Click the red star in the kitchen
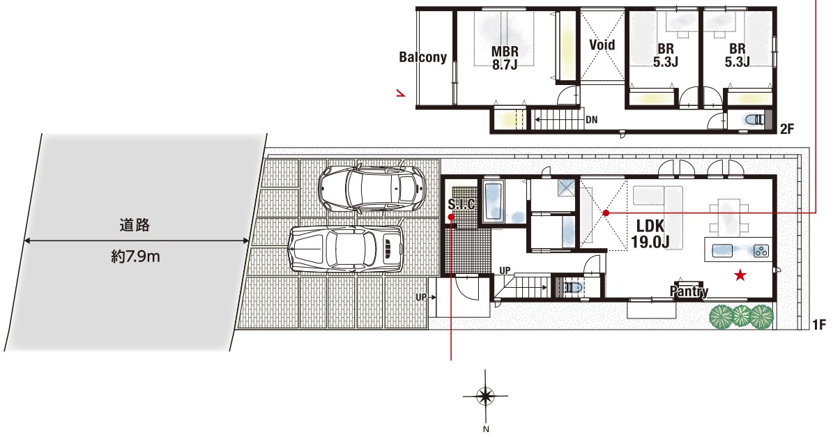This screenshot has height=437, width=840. click(740, 275)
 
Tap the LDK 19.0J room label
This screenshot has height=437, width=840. click(650, 234)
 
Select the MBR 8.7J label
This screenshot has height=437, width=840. click(505, 58)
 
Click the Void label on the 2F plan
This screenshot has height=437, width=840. click(602, 45)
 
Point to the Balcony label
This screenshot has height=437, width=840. click(422, 57)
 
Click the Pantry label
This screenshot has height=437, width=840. click(689, 291)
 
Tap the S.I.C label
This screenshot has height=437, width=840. click(461, 204)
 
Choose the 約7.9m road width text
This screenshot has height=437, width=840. click(135, 256)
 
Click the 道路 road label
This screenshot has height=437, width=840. click(135, 225)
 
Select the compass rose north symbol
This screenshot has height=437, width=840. click(485, 395)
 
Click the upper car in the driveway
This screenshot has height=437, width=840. click(372, 187)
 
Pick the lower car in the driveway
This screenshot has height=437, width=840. click(345, 248)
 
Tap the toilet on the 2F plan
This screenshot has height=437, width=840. click(754, 120)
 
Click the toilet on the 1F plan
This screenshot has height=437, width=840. click(572, 287)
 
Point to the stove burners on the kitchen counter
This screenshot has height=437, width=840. click(761, 250)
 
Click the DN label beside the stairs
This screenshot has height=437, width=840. click(591, 120)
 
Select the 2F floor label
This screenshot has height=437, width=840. click(787, 129)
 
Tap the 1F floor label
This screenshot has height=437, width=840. click(819, 325)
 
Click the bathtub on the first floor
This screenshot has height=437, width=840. click(492, 202)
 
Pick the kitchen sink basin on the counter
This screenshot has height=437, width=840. click(722, 250)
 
